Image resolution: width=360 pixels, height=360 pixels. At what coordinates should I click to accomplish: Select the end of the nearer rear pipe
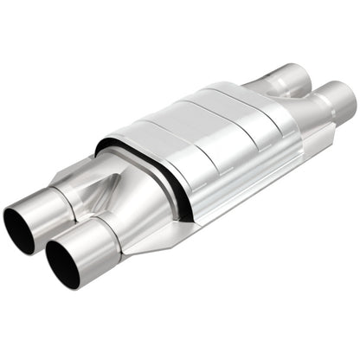pos(344,110)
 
